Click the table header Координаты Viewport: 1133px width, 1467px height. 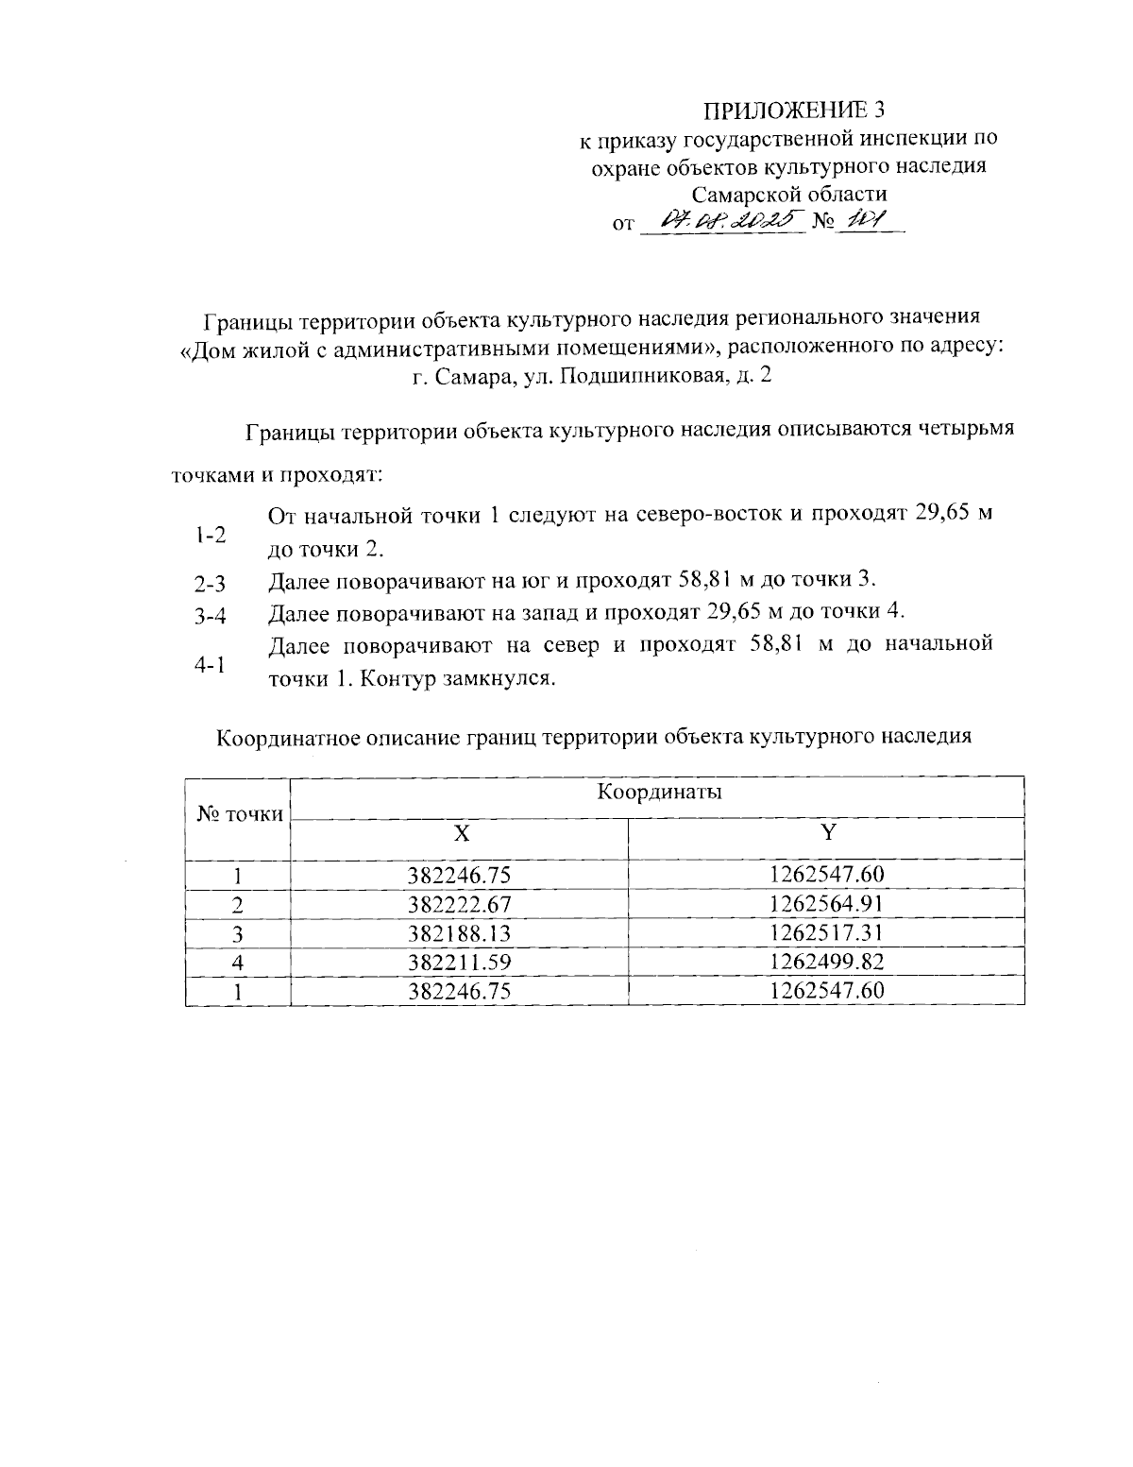click(659, 792)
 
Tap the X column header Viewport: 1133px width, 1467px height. click(460, 832)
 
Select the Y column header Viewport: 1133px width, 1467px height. click(828, 832)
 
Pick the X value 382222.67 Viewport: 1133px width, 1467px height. click(460, 904)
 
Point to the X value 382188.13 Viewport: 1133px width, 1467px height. click(460, 933)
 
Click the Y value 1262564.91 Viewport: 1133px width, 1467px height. click(827, 904)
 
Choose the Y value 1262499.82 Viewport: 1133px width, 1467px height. click(827, 963)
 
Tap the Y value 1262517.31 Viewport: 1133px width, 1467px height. click(827, 933)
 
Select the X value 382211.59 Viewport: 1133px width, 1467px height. click(460, 963)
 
